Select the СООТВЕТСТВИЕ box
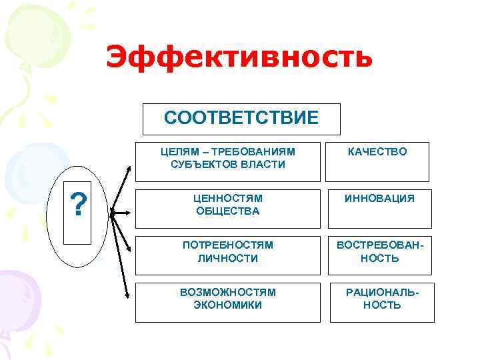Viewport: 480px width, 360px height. [x=241, y=119]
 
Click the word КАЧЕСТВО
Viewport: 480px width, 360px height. [x=377, y=152]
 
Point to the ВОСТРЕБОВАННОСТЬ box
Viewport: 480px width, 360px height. [x=379, y=252]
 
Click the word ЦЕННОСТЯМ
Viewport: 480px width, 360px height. [x=228, y=199]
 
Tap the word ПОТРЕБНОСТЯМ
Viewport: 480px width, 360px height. [x=228, y=245]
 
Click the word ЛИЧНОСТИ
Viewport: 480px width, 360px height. [x=228, y=258]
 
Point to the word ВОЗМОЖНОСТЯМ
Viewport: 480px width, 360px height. [x=228, y=292]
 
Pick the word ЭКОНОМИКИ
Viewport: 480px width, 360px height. [x=228, y=305]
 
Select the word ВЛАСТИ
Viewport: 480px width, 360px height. [x=262, y=164]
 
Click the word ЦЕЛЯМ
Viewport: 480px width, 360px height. [x=177, y=151]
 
